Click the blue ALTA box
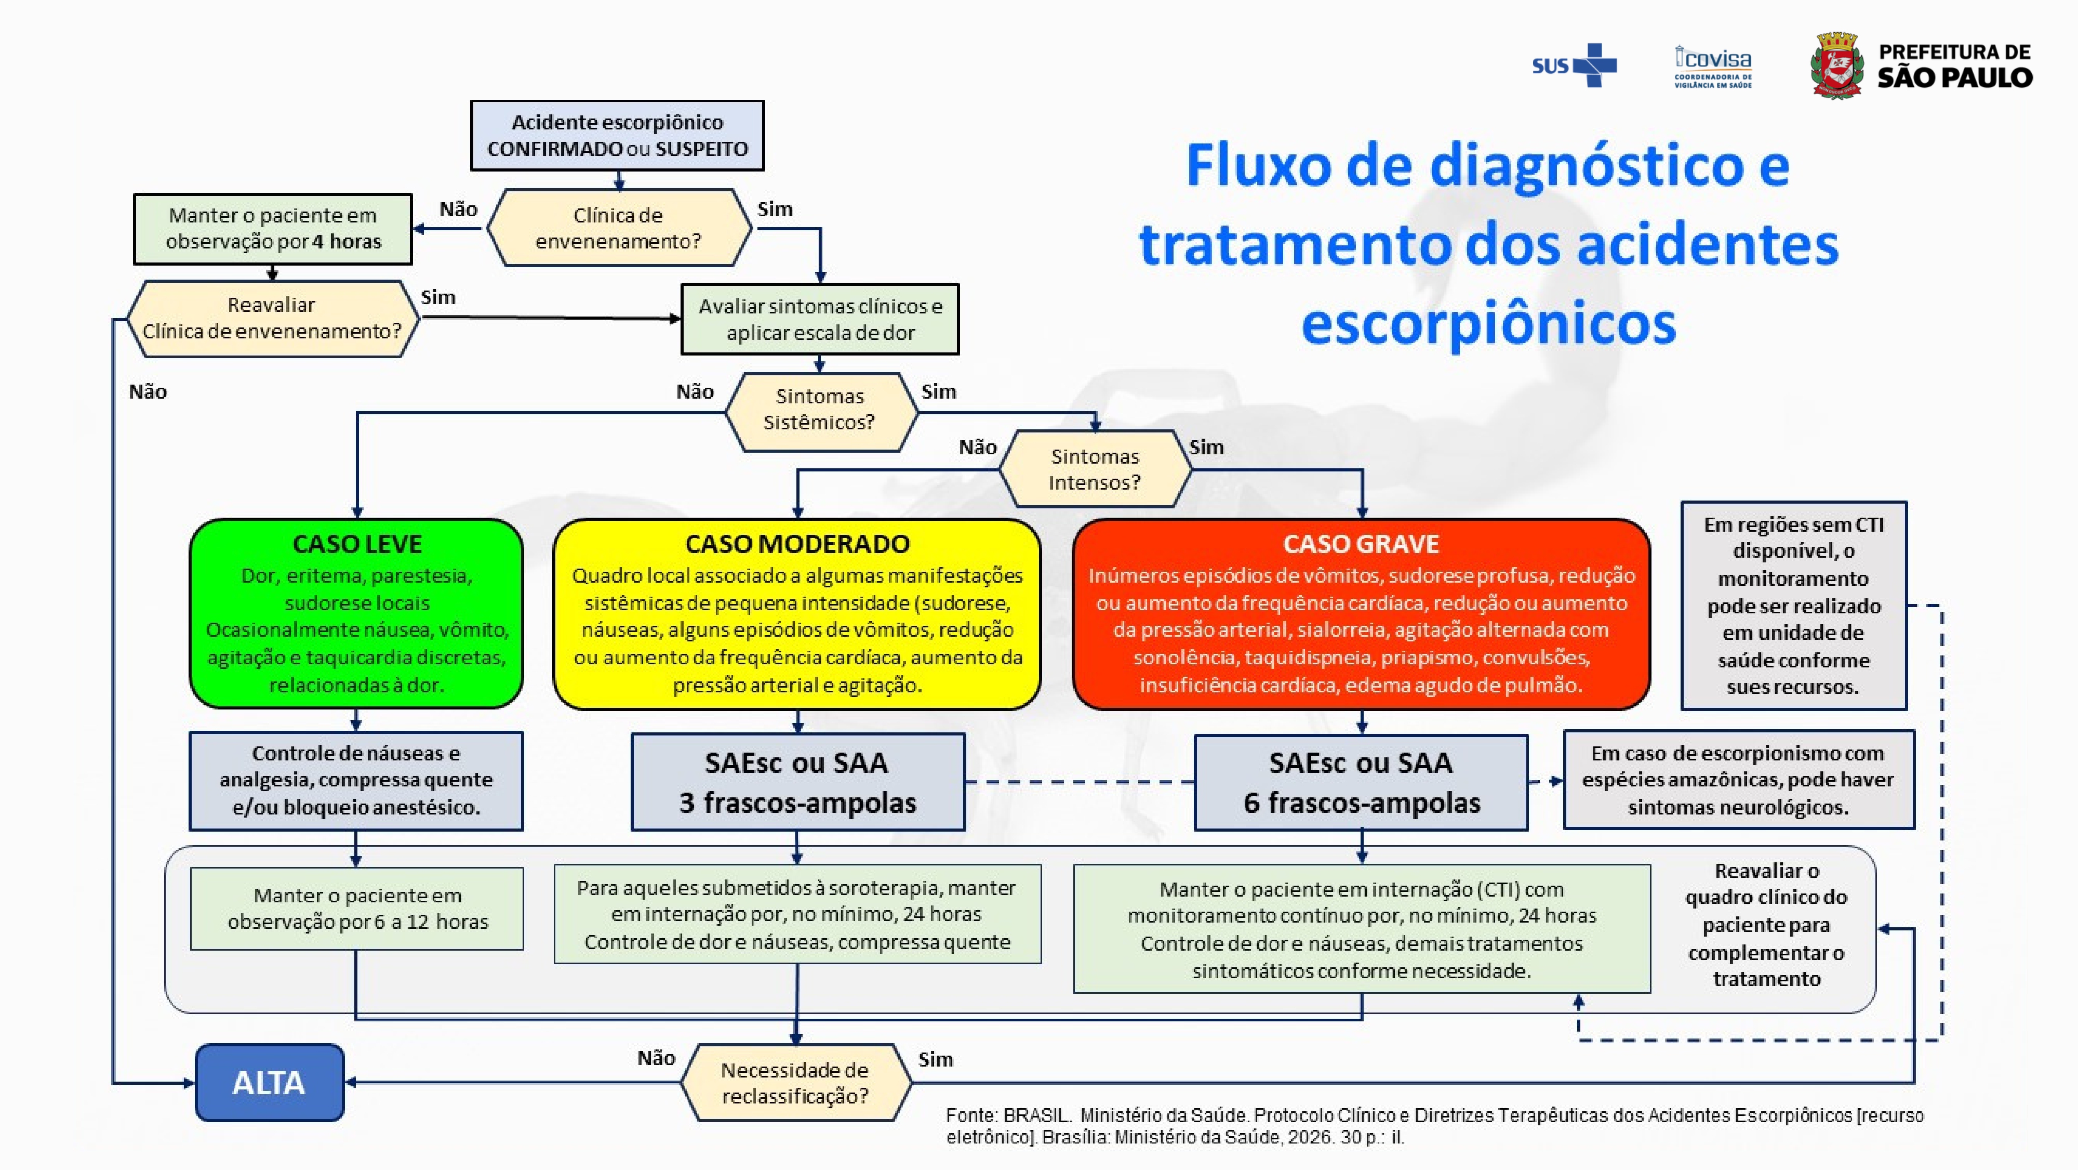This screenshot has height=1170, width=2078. pyautogui.click(x=270, y=1082)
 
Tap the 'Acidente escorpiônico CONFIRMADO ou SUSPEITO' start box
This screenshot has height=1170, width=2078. pyautogui.click(x=617, y=136)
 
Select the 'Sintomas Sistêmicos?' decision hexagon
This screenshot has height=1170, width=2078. pyautogui.click(x=820, y=410)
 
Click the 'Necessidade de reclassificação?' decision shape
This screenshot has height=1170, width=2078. pyautogui.click(x=795, y=1083)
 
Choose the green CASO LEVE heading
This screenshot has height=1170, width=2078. pyautogui.click(x=356, y=544)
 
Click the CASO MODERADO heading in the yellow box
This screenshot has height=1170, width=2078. pyautogui.click(x=797, y=544)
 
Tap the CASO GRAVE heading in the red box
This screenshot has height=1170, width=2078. pyautogui.click(x=1361, y=544)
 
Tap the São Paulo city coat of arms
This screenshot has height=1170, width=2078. pyautogui.click(x=1837, y=66)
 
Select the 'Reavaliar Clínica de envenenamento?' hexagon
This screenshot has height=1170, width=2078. pyautogui.click(x=272, y=319)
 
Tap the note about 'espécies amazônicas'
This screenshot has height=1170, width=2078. pyautogui.click(x=1738, y=780)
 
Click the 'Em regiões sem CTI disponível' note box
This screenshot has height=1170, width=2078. pyautogui.click(x=1793, y=605)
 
